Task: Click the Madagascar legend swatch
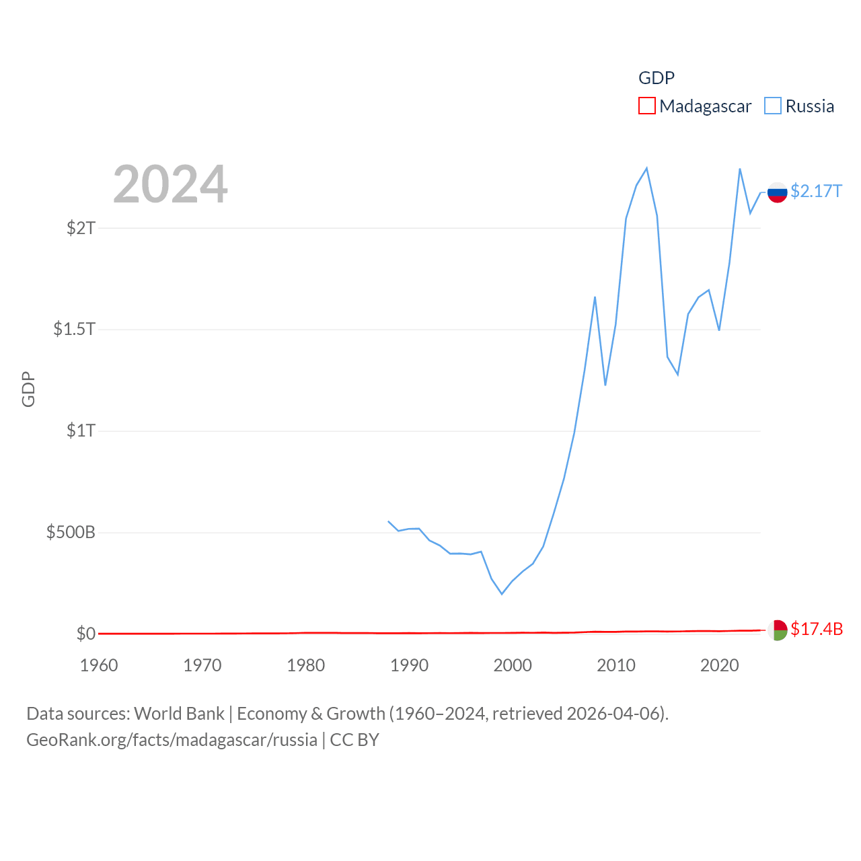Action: [x=646, y=106]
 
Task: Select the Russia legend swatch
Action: [x=773, y=106]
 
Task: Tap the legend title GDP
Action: [x=656, y=78]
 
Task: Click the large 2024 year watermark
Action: [x=170, y=184]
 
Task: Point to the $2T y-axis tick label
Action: [x=81, y=228]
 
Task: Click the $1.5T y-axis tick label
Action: [x=74, y=329]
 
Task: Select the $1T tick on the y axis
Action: [x=81, y=430]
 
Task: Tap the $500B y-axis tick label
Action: [x=71, y=532]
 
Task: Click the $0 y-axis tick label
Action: [x=85, y=634]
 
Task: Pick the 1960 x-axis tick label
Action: [x=99, y=665]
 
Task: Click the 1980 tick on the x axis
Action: [x=306, y=665]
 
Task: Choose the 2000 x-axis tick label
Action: [x=513, y=665]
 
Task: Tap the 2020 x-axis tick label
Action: [x=720, y=665]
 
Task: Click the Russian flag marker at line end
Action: [x=777, y=192]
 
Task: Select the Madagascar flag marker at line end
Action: [x=777, y=630]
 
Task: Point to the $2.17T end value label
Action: [x=816, y=191]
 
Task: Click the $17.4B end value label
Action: [x=817, y=629]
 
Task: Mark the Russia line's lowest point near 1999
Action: [x=502, y=594]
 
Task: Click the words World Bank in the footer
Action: [x=179, y=713]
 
